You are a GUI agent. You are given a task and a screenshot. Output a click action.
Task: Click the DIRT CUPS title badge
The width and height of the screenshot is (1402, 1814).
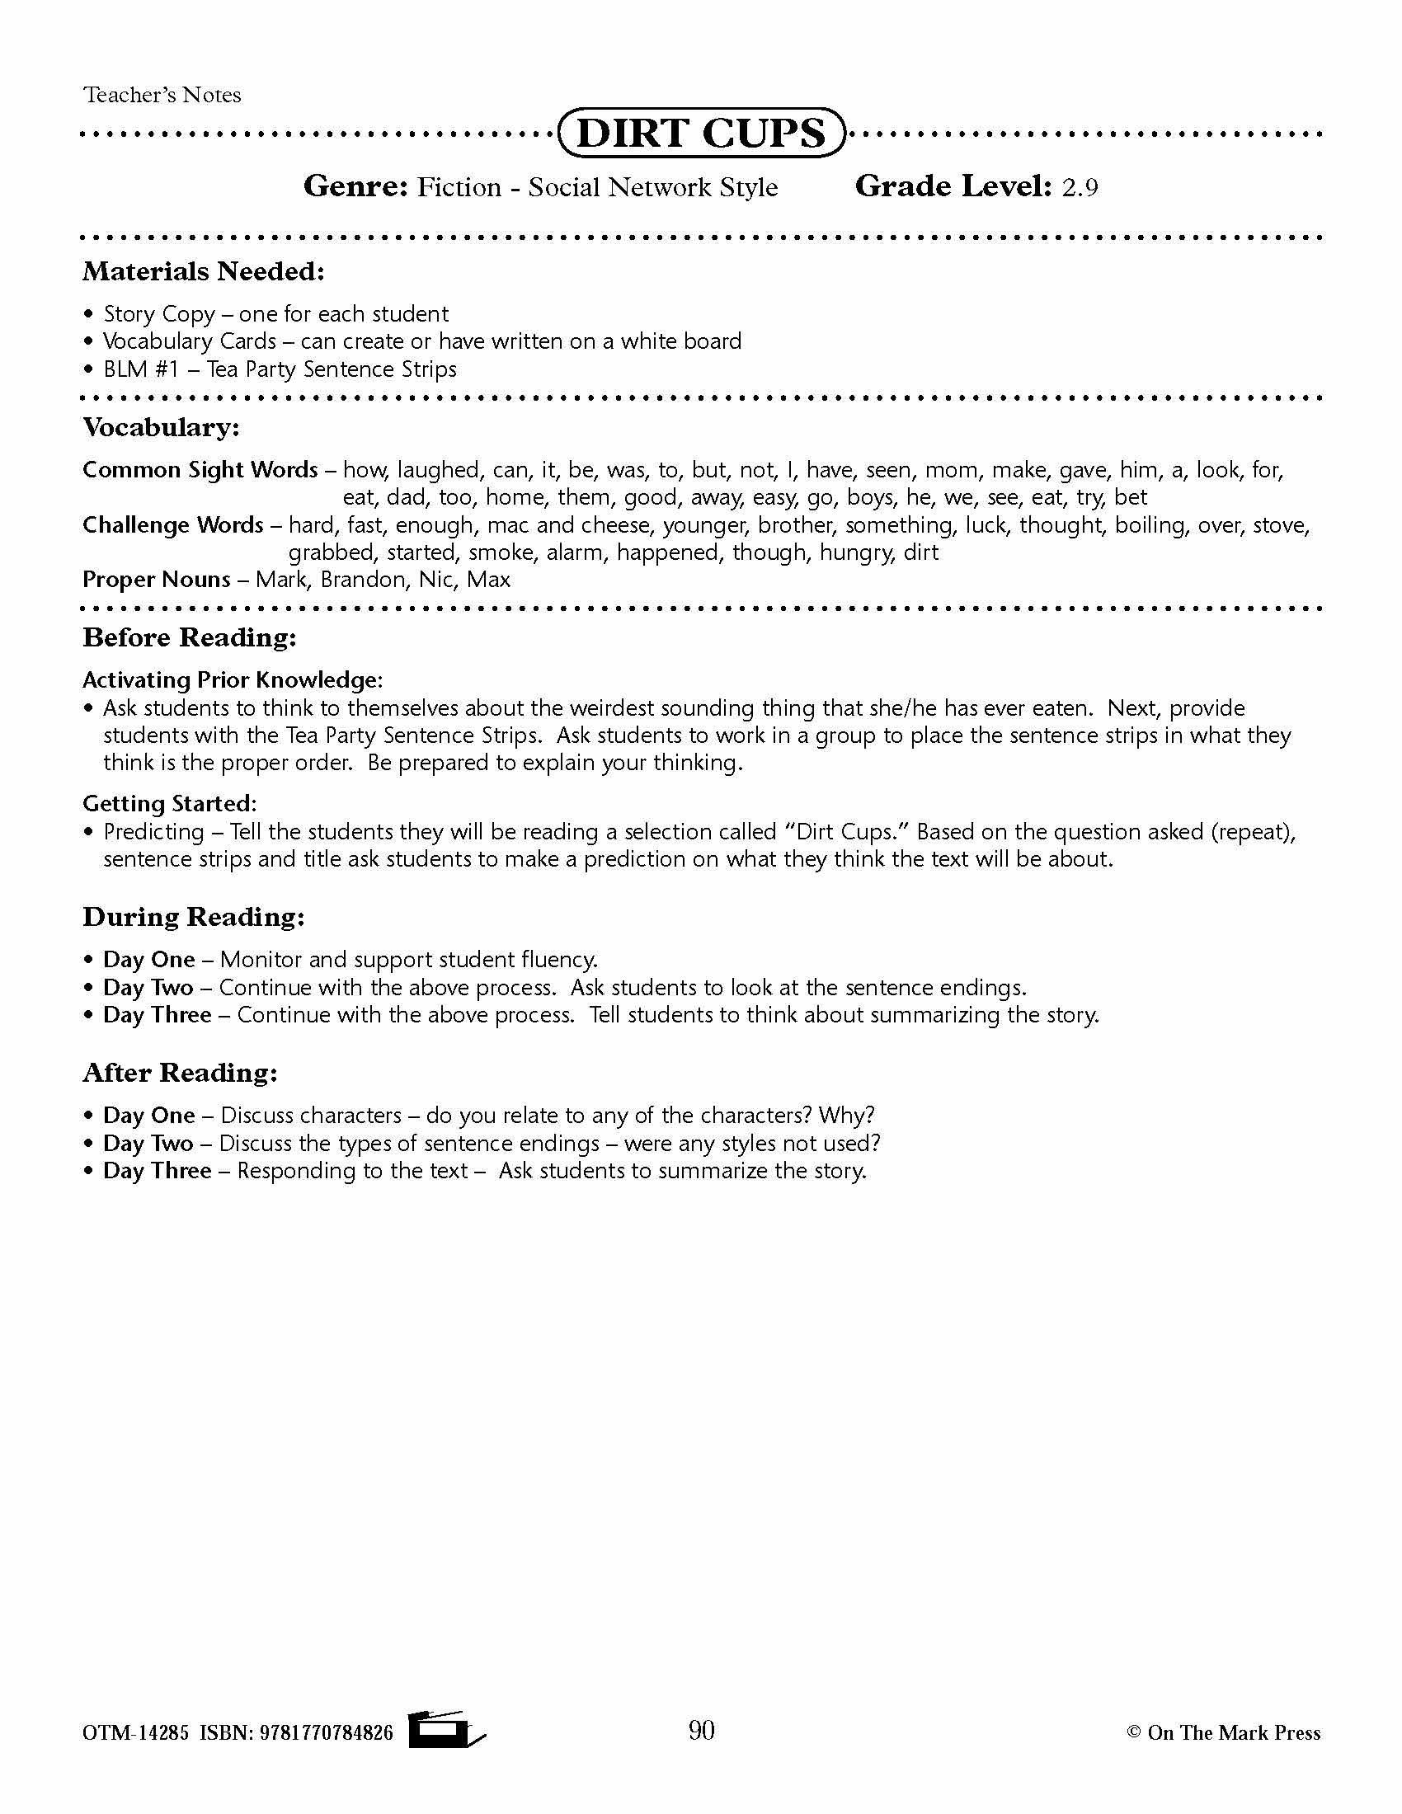click(x=702, y=133)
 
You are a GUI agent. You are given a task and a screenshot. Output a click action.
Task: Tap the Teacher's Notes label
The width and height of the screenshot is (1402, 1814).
click(x=162, y=95)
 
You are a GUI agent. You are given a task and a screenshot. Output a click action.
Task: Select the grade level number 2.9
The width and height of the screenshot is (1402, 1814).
click(x=1080, y=188)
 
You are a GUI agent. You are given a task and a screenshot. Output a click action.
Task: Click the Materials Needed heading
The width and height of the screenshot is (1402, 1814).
click(x=204, y=271)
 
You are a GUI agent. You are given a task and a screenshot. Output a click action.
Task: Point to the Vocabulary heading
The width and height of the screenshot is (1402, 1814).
click(x=161, y=428)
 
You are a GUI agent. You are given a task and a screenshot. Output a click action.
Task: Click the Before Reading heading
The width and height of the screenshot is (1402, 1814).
click(x=190, y=638)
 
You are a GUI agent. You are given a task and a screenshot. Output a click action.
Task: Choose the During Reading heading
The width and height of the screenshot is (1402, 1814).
click(x=194, y=917)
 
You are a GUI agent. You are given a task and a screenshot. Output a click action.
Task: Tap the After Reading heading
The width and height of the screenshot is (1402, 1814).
click(x=181, y=1073)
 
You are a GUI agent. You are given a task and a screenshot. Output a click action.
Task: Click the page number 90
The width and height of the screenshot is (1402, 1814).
click(x=702, y=1730)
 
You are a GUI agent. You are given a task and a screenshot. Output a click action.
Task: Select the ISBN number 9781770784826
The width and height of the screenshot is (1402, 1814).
click(x=327, y=1732)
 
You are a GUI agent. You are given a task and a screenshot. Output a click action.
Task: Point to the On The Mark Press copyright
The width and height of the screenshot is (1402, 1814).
click(x=1223, y=1732)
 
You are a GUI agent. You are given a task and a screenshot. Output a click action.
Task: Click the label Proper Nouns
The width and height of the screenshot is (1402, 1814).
click(x=156, y=580)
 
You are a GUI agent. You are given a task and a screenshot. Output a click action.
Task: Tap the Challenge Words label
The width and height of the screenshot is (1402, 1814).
click(x=172, y=525)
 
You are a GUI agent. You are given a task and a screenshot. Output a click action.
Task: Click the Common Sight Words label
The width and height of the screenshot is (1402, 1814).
click(x=200, y=470)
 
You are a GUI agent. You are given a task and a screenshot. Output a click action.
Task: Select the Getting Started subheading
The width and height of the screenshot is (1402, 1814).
click(x=169, y=804)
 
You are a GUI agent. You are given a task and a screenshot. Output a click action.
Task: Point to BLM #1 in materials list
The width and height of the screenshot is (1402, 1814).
click(x=141, y=369)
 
